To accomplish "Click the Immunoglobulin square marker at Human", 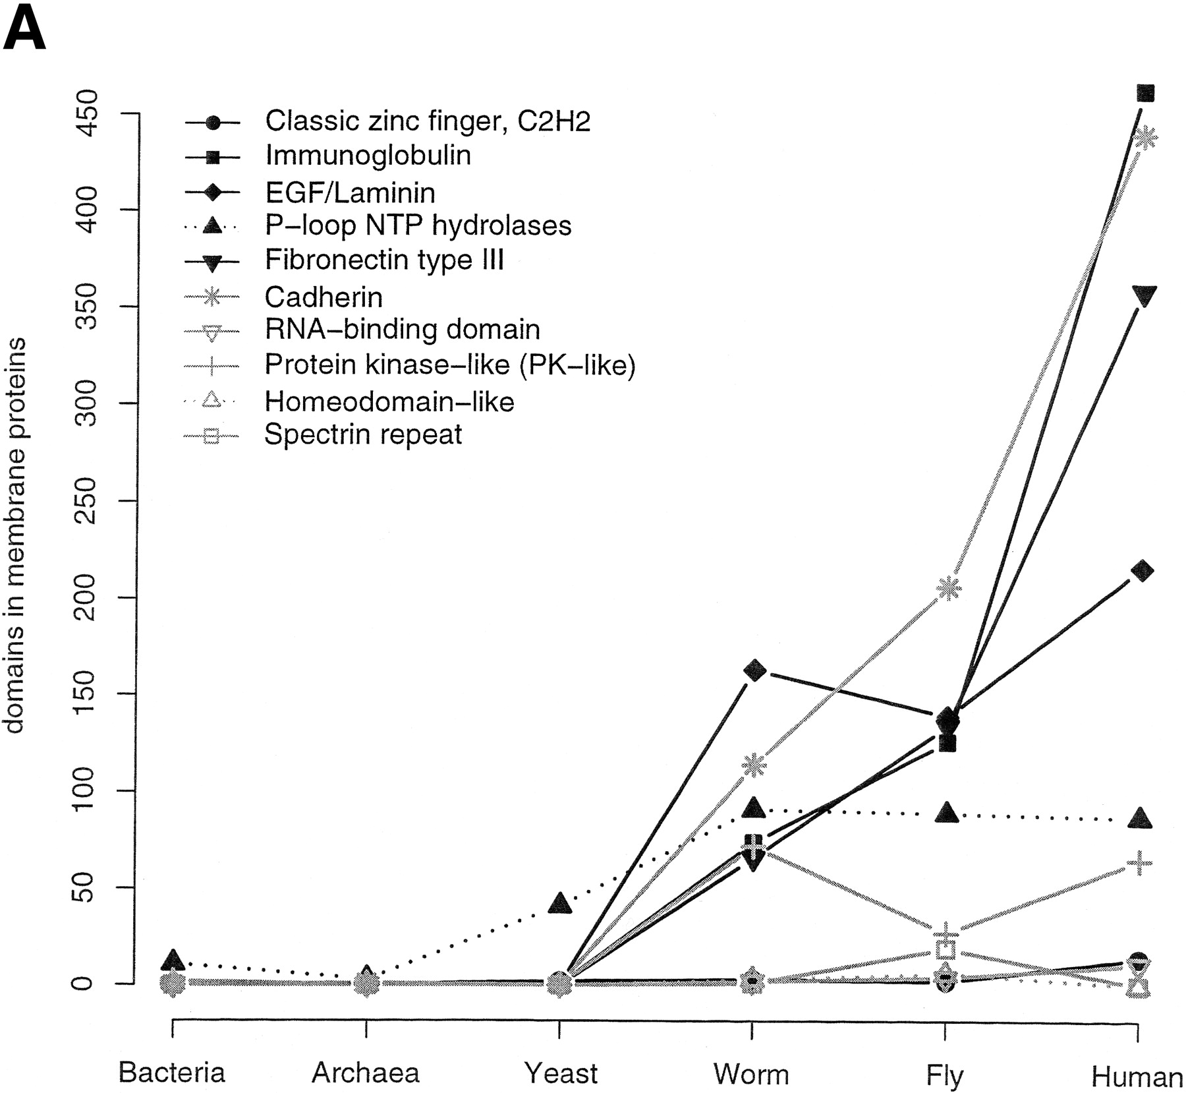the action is click(1145, 93).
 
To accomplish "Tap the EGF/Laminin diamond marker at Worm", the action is click(754, 671).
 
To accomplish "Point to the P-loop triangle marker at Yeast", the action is click(559, 902).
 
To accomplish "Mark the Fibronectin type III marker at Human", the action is click(1143, 296).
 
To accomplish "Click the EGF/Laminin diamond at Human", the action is click(1143, 571).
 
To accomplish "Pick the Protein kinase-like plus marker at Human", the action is click(1139, 863).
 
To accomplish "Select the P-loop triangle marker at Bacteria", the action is click(172, 960).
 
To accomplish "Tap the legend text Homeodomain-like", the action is click(389, 401).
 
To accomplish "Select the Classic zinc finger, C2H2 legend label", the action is click(428, 121).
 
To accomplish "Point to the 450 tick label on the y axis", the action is click(86, 113).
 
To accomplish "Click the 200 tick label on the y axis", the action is click(86, 597).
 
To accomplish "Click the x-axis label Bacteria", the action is click(172, 1073).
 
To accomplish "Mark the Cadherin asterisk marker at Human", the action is click(1144, 139).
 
